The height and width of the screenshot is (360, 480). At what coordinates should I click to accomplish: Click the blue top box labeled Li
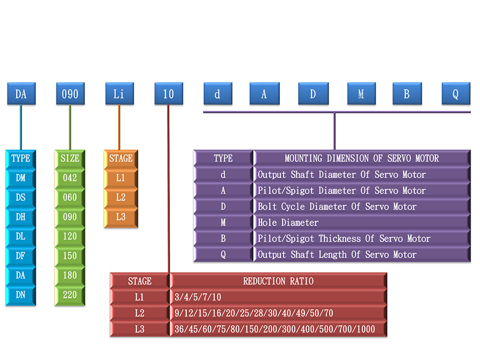pos(119,94)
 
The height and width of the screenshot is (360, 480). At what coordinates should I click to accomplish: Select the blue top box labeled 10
pos(168,94)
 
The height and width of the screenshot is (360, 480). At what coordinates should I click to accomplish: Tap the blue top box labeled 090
pos(70,94)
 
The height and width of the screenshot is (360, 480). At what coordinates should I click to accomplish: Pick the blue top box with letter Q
pos(456,94)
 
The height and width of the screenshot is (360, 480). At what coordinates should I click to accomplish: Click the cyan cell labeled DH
pos(21,217)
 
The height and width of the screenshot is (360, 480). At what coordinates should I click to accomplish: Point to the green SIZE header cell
pos(70,158)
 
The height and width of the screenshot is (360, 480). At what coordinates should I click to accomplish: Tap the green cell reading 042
pos(70,178)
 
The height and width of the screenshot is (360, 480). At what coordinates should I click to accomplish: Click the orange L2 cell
pos(120,197)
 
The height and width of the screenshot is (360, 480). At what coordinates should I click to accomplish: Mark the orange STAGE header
pos(120,158)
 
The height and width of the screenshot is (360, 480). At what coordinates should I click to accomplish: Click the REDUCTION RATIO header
pos(278,281)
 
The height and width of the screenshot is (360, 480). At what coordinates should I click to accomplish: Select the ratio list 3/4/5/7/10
pos(199,298)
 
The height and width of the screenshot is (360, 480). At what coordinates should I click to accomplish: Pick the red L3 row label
pos(140,329)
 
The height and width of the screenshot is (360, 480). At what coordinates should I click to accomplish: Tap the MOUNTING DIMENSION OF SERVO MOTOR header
pos(361,158)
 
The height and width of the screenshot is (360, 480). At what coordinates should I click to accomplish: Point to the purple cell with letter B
pos(223,239)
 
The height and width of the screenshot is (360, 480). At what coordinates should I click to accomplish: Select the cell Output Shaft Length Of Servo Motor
pos(337,254)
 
